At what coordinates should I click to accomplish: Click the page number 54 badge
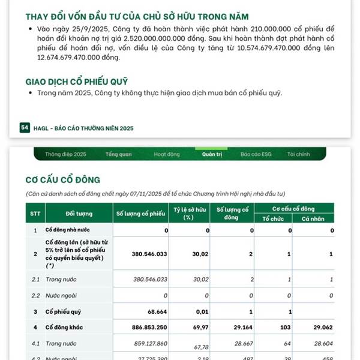pyautogui.click(x=25, y=128)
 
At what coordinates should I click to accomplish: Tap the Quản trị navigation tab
pyautogui.click(x=212, y=154)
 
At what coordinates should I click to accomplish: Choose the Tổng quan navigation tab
pyautogui.click(x=118, y=154)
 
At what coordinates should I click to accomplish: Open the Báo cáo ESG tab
pyautogui.click(x=256, y=154)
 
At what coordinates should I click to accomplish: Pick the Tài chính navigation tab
pyautogui.click(x=298, y=154)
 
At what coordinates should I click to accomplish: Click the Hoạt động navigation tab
pyautogui.click(x=167, y=154)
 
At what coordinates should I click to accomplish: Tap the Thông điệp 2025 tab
pyautogui.click(x=65, y=154)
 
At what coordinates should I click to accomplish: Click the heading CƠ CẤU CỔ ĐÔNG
pyautogui.click(x=63, y=179)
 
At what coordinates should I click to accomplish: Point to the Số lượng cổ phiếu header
pyautogui.click(x=140, y=213)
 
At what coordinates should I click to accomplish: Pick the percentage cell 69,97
pyautogui.click(x=200, y=327)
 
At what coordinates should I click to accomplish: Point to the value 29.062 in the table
pyautogui.click(x=322, y=327)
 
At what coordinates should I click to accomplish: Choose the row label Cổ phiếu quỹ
pyautogui.click(x=65, y=311)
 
